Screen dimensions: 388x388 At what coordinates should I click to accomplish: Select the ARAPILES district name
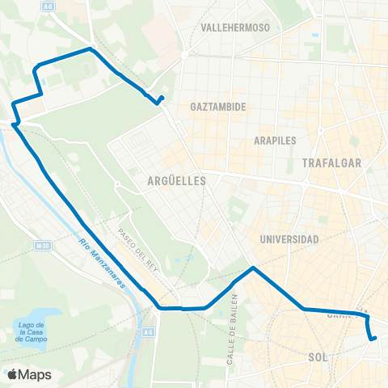[x=276, y=140]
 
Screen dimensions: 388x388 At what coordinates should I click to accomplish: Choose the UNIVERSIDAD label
[x=289, y=239]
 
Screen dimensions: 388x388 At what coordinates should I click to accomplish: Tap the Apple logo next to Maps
[x=12, y=374]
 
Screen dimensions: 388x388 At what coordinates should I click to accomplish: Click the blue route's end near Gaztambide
[x=162, y=99]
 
